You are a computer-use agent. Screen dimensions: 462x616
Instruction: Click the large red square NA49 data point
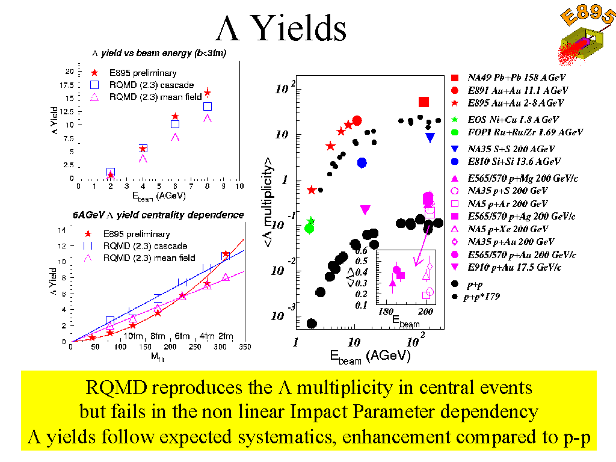click(x=423, y=102)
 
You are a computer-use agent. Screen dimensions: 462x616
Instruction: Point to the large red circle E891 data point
click(x=357, y=120)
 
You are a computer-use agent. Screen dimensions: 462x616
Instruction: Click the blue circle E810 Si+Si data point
click(x=362, y=162)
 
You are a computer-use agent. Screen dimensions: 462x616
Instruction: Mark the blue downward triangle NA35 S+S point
click(x=430, y=137)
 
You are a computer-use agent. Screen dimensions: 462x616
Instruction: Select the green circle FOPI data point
click(x=309, y=228)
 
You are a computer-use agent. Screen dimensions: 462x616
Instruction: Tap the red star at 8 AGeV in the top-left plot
click(x=208, y=93)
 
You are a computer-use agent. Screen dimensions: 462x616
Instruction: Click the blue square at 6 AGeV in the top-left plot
click(x=175, y=124)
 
